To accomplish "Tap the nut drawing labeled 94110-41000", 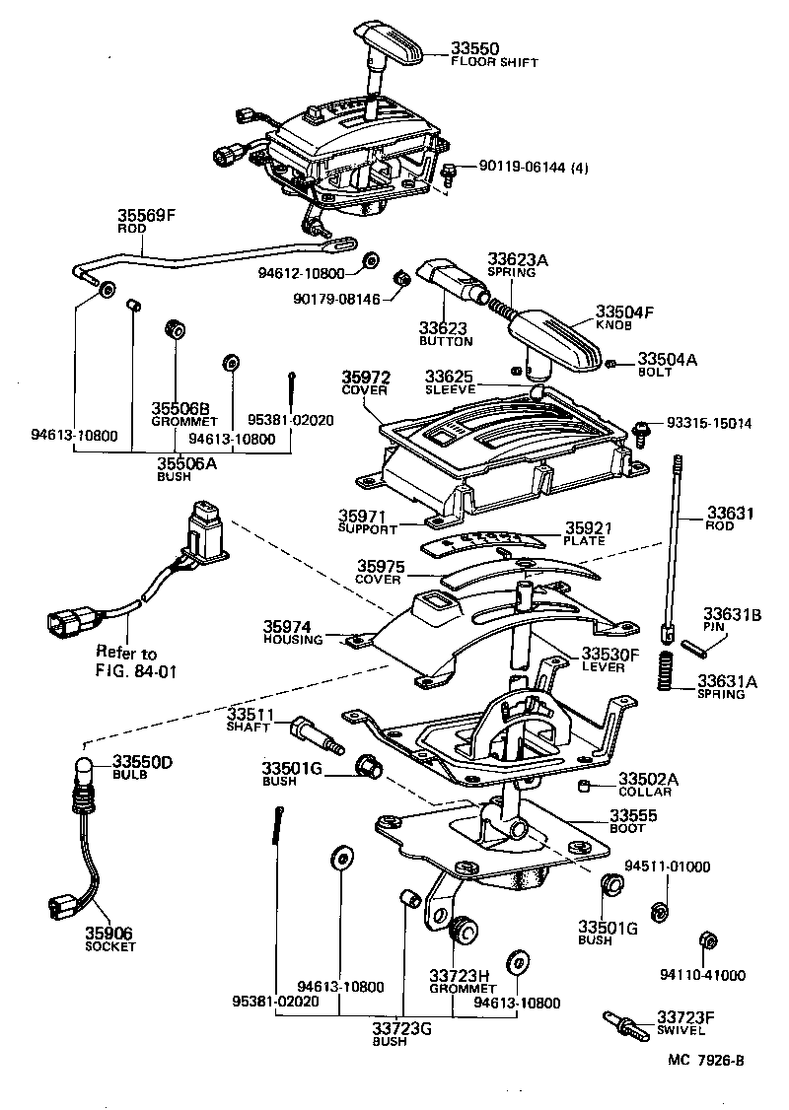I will pyautogui.click(x=705, y=938).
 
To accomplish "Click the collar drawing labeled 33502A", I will pyautogui.click(x=585, y=785).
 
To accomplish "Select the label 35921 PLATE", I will pyautogui.click(x=589, y=534).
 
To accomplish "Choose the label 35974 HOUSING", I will pyautogui.click(x=293, y=633).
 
